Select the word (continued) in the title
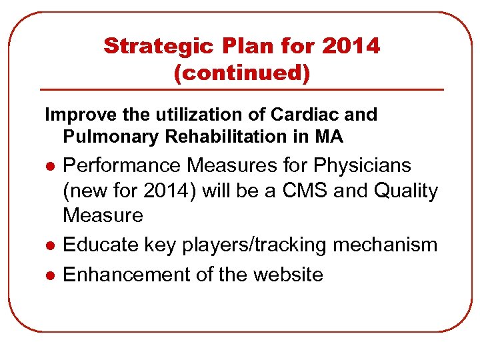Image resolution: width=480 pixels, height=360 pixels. pos(241,73)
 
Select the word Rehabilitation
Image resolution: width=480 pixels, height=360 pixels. pos(233,137)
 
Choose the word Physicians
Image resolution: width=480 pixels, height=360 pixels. pos(354,165)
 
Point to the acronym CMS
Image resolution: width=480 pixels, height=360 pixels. pos(309,191)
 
